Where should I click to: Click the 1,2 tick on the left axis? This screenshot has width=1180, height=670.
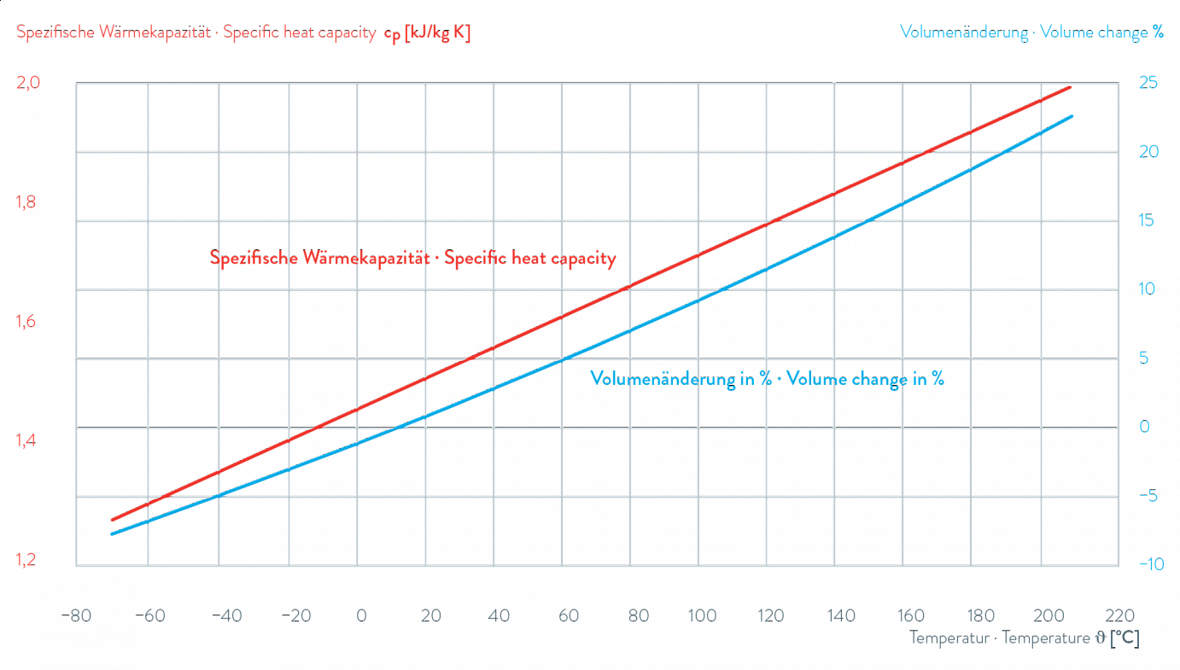coord(29,562)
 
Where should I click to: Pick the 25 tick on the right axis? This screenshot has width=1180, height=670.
coord(1149,84)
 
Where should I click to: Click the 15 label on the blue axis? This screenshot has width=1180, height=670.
coord(1148,221)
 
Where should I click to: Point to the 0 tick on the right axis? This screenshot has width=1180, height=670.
coord(1146,428)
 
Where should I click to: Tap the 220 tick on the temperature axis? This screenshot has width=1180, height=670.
coord(1119,615)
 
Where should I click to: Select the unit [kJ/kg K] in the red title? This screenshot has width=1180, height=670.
coord(437,33)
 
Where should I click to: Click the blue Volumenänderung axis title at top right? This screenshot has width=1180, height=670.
coord(1032,33)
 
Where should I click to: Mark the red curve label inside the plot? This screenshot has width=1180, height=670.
coord(412,259)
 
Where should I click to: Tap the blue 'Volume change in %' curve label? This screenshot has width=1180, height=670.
coord(767,380)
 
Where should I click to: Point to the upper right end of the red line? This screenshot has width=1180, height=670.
coord(1070,87)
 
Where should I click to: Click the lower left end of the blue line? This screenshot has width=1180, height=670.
coord(112,535)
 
